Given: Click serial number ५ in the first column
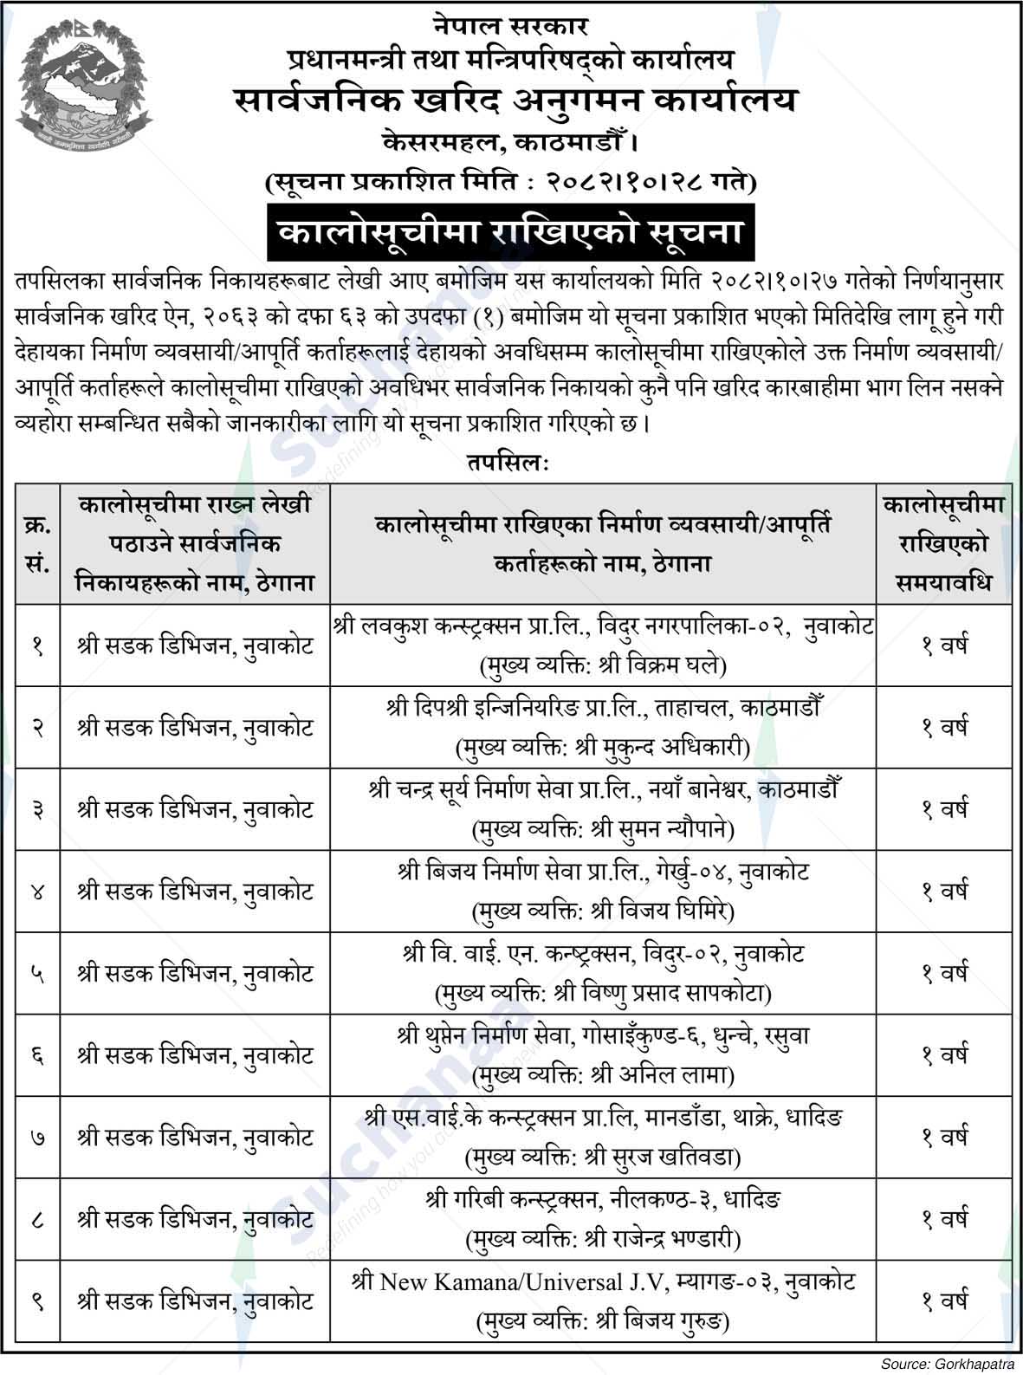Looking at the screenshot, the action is (37, 974).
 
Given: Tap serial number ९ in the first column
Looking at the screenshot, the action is (37, 1302).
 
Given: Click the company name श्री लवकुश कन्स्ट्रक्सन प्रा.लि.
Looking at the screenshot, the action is (451, 625).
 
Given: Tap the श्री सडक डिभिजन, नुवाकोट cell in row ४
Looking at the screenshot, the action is (195, 892).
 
